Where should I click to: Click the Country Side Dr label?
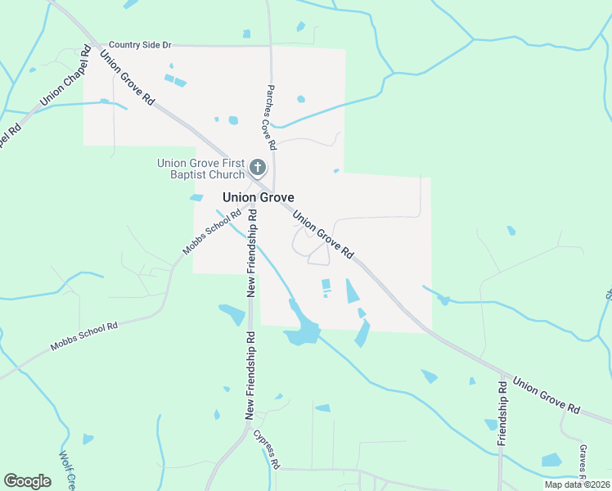140,44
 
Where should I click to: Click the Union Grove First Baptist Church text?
201,169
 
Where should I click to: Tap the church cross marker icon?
258,169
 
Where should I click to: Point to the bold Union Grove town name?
259,197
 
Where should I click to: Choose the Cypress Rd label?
267,449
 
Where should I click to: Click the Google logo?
27,480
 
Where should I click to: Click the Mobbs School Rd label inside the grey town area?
211,232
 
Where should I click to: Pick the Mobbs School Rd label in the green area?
84,336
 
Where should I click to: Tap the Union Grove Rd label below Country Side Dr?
127,77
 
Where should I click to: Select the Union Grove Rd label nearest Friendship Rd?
547,394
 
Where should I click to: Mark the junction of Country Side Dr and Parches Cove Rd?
272,45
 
